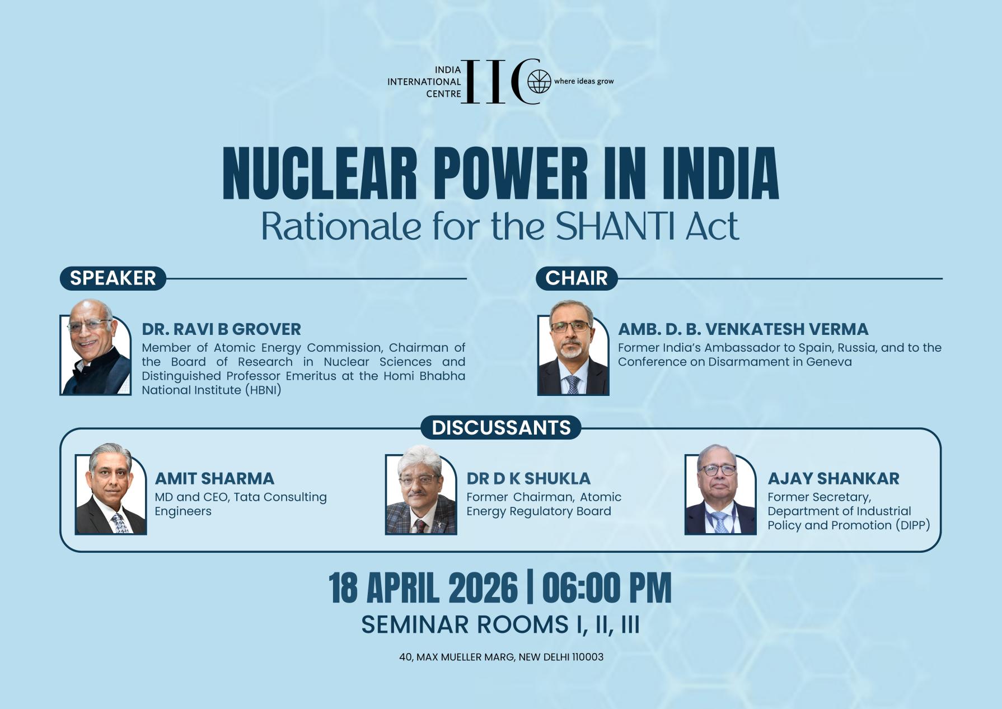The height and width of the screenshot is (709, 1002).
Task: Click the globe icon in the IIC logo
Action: [539, 82]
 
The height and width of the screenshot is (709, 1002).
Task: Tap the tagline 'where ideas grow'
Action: [584, 82]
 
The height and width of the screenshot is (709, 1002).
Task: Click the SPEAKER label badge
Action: [113, 278]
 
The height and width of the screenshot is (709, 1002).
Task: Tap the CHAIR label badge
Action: [576, 278]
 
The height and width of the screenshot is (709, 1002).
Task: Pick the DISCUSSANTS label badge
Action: [501, 428]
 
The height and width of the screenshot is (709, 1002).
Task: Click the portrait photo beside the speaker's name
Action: [96, 347]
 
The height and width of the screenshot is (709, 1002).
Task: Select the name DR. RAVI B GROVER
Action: [221, 329]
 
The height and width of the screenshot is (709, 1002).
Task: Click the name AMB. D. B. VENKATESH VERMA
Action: [743, 329]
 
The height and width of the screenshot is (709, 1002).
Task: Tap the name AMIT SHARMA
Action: [214, 479]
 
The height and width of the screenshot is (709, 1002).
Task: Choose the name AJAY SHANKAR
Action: [833, 479]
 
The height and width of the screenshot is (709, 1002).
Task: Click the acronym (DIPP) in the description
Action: [912, 525]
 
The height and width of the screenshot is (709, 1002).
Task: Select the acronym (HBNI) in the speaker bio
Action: [263, 390]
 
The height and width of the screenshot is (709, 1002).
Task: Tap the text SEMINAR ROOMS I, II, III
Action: [500, 624]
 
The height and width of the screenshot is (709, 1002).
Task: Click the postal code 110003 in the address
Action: [587, 657]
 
